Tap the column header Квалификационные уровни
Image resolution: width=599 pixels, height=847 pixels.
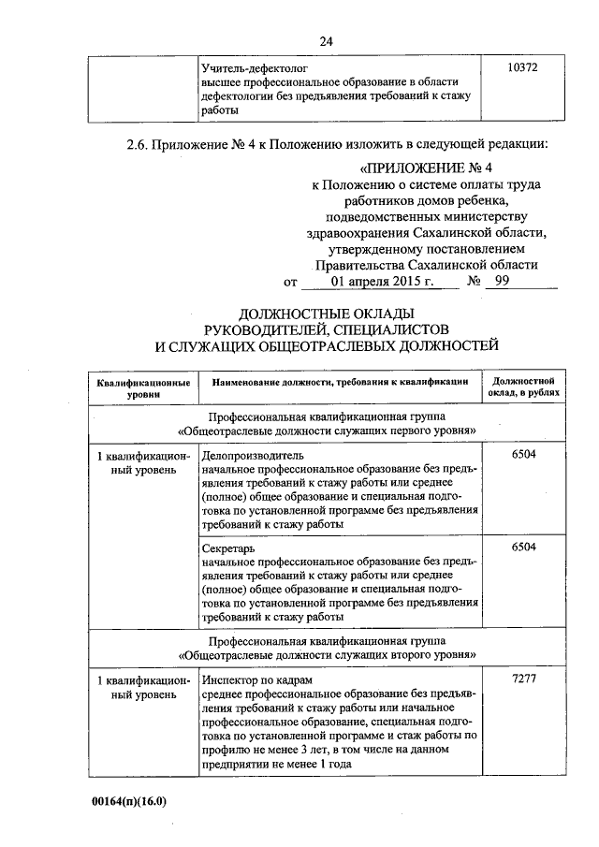[144, 389]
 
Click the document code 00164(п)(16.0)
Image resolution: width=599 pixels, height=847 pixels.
[128, 804]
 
